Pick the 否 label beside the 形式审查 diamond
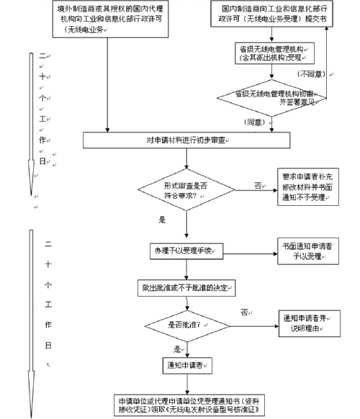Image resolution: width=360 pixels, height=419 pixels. (x=257, y=185)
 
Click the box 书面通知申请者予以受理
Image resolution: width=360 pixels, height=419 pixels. (x=305, y=249)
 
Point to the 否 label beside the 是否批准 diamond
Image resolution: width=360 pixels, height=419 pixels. (x=245, y=312)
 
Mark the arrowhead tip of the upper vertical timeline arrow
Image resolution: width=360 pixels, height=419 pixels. (x=30, y=196)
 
